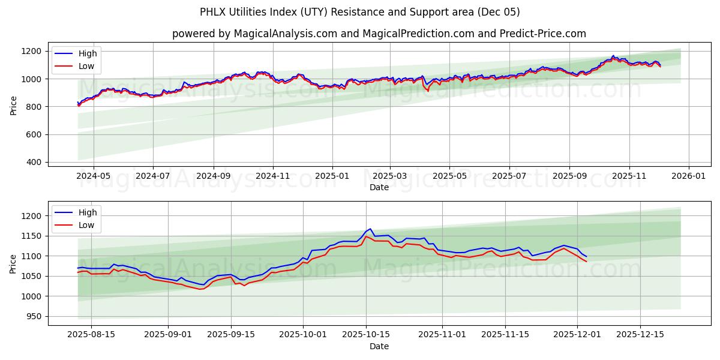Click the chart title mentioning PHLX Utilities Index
[360, 12]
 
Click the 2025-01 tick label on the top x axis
[331, 176]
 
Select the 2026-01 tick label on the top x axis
[688, 176]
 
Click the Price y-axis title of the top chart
[13, 104]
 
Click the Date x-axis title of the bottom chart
[379, 346]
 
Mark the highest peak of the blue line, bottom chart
[370, 229]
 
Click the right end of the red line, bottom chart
[587, 262]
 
